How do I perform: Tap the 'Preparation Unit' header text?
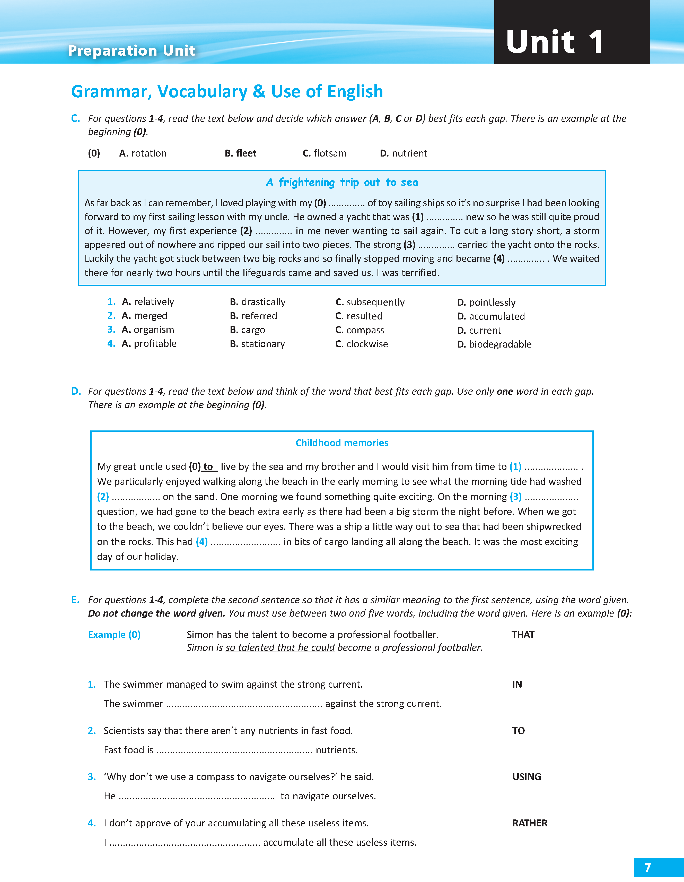(132, 50)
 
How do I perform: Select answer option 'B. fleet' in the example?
(241, 153)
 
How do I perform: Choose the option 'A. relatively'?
(148, 302)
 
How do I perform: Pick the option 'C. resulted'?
(358, 316)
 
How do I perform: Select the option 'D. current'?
(479, 330)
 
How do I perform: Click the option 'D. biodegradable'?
(494, 344)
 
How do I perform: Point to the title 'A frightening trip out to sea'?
(342, 183)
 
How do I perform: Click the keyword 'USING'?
(527, 777)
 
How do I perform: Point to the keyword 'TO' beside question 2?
(519, 731)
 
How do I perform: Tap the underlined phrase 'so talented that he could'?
(280, 648)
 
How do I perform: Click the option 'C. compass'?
(360, 330)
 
